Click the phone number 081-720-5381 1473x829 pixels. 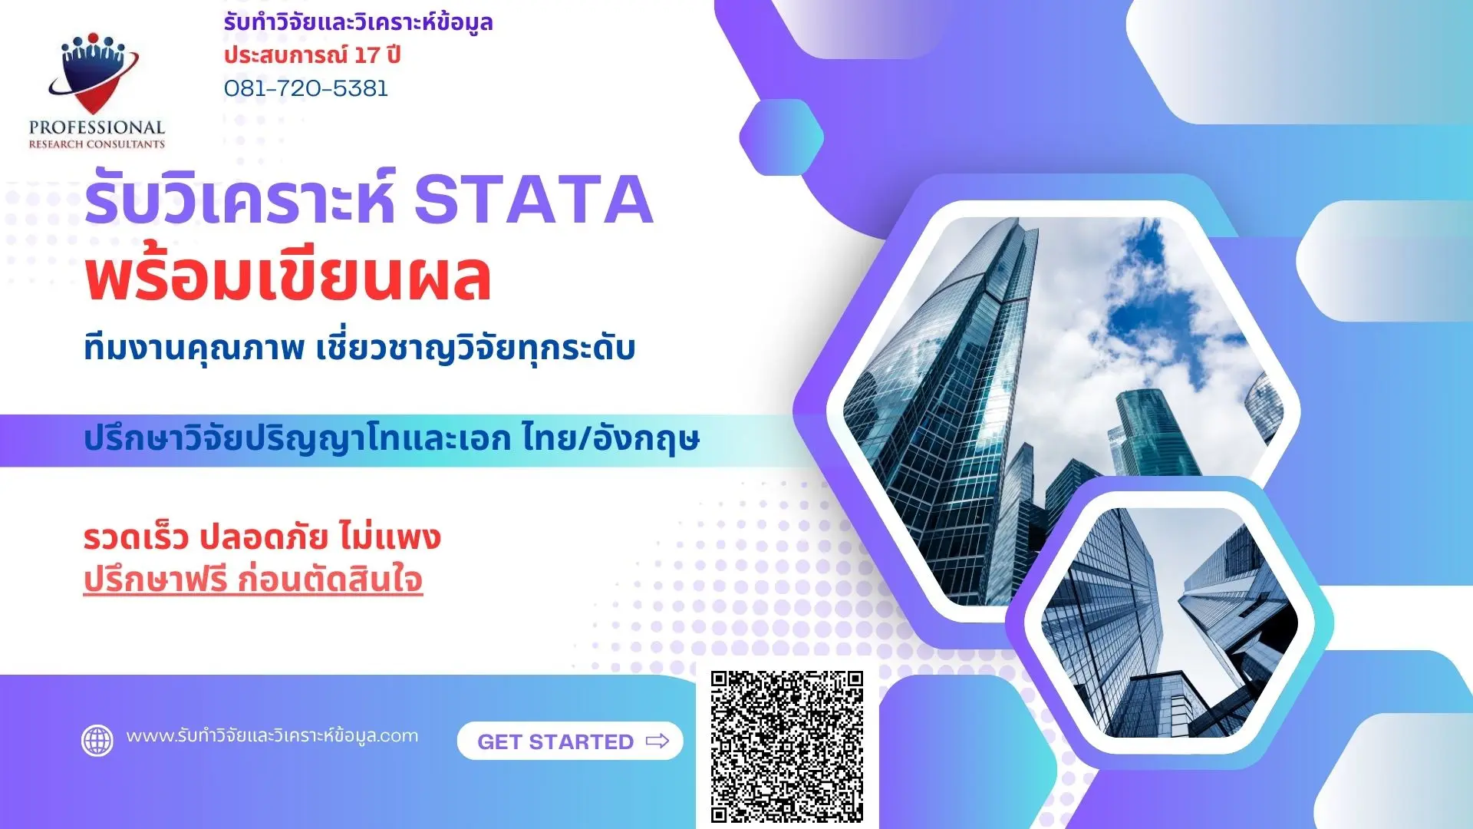point(305,88)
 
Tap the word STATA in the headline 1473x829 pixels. point(533,200)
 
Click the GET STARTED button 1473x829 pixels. point(570,741)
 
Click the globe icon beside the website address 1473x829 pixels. point(97,741)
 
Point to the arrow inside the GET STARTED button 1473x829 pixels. point(657,741)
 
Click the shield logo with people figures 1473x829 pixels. point(94,73)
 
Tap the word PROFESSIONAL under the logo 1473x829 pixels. point(97,127)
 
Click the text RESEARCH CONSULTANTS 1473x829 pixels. point(97,144)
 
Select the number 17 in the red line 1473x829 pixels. point(367,55)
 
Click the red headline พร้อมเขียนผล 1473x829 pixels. point(288,278)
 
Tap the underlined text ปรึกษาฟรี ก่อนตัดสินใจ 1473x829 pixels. point(253,580)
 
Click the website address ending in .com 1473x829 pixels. point(272,735)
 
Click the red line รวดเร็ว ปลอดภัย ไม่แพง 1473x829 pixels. point(262,537)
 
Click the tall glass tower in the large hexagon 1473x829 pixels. point(959,384)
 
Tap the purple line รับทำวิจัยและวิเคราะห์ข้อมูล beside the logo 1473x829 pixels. point(358,22)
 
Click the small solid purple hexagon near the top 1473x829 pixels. point(781,138)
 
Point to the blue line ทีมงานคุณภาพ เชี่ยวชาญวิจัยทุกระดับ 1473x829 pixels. point(359,348)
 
